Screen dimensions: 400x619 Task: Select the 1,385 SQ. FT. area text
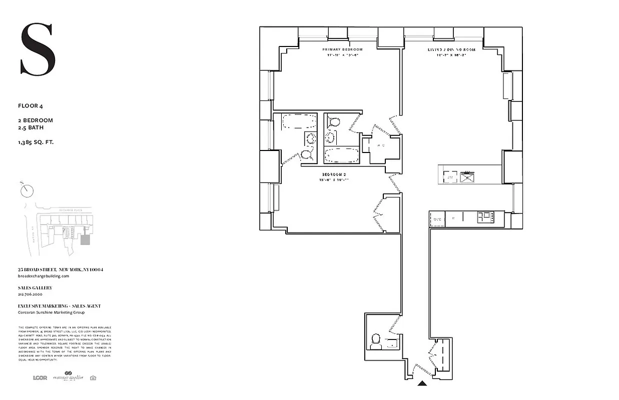pos(36,142)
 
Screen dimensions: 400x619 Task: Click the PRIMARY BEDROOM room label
pos(342,50)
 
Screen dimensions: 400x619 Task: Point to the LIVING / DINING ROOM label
pos(451,50)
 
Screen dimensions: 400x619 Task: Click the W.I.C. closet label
pos(381,146)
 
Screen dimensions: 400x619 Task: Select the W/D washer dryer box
pos(437,219)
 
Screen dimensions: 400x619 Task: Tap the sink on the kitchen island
pos(468,176)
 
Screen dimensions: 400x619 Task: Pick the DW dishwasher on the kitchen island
pos(450,176)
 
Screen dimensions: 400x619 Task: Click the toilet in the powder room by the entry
pos(375,341)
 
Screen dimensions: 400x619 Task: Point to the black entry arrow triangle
pos(422,383)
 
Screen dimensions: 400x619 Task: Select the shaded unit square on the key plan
pos(86,240)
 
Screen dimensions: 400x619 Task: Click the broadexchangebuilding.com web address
pos(44,276)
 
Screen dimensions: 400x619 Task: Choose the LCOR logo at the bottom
pos(40,377)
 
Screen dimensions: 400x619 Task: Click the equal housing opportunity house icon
pos(93,377)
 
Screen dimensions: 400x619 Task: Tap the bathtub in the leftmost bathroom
pos(299,122)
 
